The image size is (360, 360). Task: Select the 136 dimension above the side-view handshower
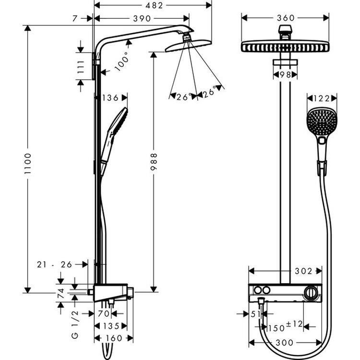point(110,98)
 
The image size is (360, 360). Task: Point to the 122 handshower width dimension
point(322,98)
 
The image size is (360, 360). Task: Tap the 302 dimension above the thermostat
point(304,271)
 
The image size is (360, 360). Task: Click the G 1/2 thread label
point(76,315)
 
